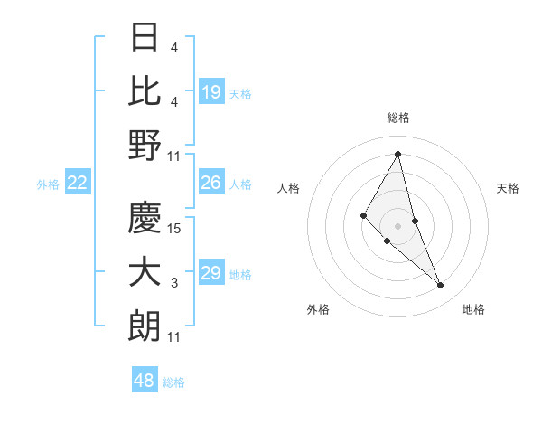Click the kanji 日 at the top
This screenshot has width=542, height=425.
click(145, 37)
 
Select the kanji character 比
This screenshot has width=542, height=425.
click(145, 90)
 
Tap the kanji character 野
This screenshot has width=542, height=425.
click(145, 145)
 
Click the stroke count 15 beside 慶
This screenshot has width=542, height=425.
click(174, 229)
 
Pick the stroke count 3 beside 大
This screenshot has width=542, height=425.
click(174, 283)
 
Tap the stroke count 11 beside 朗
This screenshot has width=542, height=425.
click(174, 337)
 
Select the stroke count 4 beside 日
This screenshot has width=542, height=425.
click(174, 47)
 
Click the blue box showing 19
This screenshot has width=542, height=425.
click(211, 91)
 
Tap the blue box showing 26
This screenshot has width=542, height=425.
click(211, 183)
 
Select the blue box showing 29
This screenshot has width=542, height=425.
click(211, 273)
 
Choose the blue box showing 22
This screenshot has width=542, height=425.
click(78, 183)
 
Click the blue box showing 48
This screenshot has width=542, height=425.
click(145, 381)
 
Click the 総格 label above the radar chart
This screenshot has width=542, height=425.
click(398, 118)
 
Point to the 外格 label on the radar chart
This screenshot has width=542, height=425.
click(318, 309)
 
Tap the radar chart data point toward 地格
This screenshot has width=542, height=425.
click(440, 286)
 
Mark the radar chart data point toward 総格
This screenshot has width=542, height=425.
click(398, 154)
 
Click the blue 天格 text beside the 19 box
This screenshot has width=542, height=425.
click(240, 93)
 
